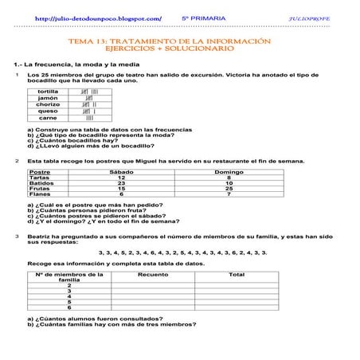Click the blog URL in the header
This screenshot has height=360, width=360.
99,17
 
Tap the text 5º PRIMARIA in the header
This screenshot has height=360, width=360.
203,17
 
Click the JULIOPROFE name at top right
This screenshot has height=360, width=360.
307,17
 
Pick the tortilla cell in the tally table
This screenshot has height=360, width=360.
48,92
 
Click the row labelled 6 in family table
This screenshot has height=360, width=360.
69,307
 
